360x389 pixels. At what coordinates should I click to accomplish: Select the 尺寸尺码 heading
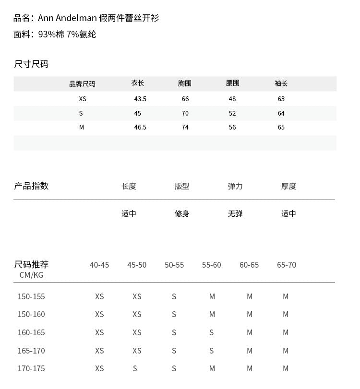(31, 64)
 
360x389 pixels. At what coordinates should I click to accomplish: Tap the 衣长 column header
(138, 83)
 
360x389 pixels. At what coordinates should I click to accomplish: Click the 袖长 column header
(281, 83)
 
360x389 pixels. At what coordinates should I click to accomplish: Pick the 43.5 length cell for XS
(140, 99)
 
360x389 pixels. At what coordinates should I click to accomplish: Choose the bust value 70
(185, 113)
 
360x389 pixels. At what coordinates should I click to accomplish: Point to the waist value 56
(232, 127)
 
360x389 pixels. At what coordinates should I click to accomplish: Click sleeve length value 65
(281, 127)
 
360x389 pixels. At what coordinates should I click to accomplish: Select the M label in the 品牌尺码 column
(82, 127)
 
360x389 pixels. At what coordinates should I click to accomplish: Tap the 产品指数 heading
(31, 186)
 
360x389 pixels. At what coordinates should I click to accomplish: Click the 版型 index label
(182, 186)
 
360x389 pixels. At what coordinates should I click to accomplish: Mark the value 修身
(182, 213)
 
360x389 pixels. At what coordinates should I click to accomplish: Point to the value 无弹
(235, 213)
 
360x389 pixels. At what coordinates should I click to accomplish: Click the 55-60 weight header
(212, 265)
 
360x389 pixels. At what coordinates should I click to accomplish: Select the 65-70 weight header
(287, 265)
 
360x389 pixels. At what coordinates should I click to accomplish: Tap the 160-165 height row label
(31, 332)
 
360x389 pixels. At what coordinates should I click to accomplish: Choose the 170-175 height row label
(31, 368)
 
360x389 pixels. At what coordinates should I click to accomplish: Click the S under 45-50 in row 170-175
(135, 368)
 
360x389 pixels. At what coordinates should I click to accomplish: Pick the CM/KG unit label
(31, 275)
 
